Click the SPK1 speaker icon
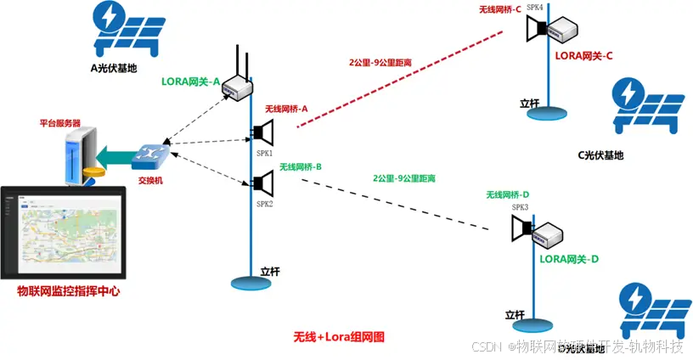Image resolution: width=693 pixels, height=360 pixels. (262, 133)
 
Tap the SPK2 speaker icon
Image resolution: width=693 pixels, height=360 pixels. (262, 183)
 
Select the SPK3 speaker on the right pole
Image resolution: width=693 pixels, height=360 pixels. (521, 228)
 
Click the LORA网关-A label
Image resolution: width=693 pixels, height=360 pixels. (190, 82)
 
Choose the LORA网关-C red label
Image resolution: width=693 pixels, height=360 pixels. (583, 55)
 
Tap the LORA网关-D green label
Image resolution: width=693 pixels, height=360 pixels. (570, 258)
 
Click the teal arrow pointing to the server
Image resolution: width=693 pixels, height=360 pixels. (113, 155)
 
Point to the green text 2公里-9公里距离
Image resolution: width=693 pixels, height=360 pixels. (404, 179)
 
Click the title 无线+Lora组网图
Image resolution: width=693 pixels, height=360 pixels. (339, 337)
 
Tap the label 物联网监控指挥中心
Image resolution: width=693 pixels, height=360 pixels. (69, 291)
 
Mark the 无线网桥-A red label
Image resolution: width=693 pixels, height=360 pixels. (286, 110)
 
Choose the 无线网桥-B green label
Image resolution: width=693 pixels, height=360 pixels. (301, 167)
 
